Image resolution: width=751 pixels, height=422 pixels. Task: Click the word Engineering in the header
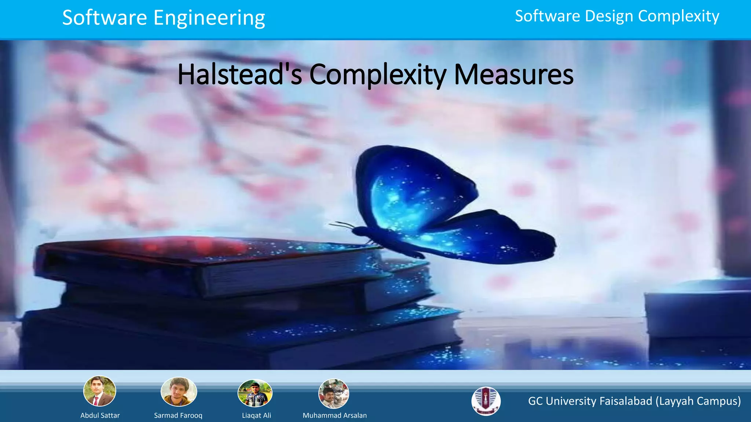[209, 18]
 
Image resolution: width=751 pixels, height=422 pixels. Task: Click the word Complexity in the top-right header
[678, 16]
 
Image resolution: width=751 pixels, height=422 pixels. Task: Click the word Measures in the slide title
[514, 75]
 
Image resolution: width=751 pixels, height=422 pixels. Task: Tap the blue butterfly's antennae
[341, 224]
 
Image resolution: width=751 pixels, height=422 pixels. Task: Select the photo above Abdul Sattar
[100, 391]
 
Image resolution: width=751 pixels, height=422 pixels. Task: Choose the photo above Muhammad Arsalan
[334, 394]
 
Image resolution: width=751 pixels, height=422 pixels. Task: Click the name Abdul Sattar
[100, 415]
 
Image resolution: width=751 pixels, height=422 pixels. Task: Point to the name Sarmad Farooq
[178, 415]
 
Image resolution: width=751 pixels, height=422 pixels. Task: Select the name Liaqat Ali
[256, 415]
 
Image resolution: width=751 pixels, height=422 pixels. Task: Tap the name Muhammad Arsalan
[334, 415]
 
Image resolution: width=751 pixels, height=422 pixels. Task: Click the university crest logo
[486, 401]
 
